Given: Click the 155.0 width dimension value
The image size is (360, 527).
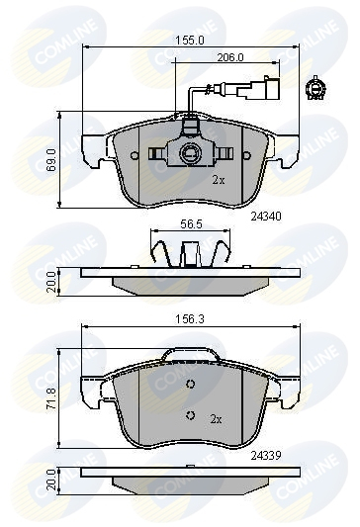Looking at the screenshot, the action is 190,41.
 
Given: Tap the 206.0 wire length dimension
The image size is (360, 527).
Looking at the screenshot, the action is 230,57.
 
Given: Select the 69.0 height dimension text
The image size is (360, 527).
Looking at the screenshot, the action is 51,160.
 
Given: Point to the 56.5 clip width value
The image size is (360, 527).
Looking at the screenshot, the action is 191,224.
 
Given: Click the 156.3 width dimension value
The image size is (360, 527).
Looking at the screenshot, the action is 190,319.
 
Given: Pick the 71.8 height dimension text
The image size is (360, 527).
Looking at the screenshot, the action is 51,397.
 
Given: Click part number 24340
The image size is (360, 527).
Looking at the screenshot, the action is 266,217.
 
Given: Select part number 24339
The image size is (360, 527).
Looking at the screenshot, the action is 266,456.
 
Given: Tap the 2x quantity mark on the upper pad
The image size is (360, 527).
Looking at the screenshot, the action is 219,181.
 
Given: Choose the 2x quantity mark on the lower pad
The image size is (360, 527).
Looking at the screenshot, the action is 217,419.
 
